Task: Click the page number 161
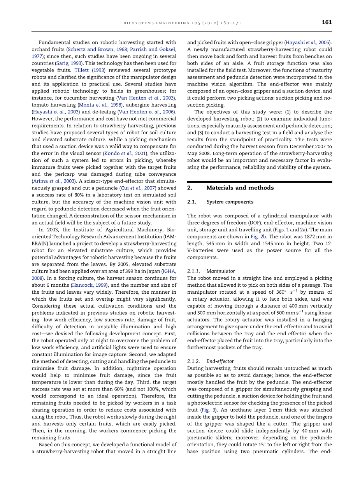pyautogui.click(x=327, y=23)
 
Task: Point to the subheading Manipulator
pyautogui.click(x=221, y=271)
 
